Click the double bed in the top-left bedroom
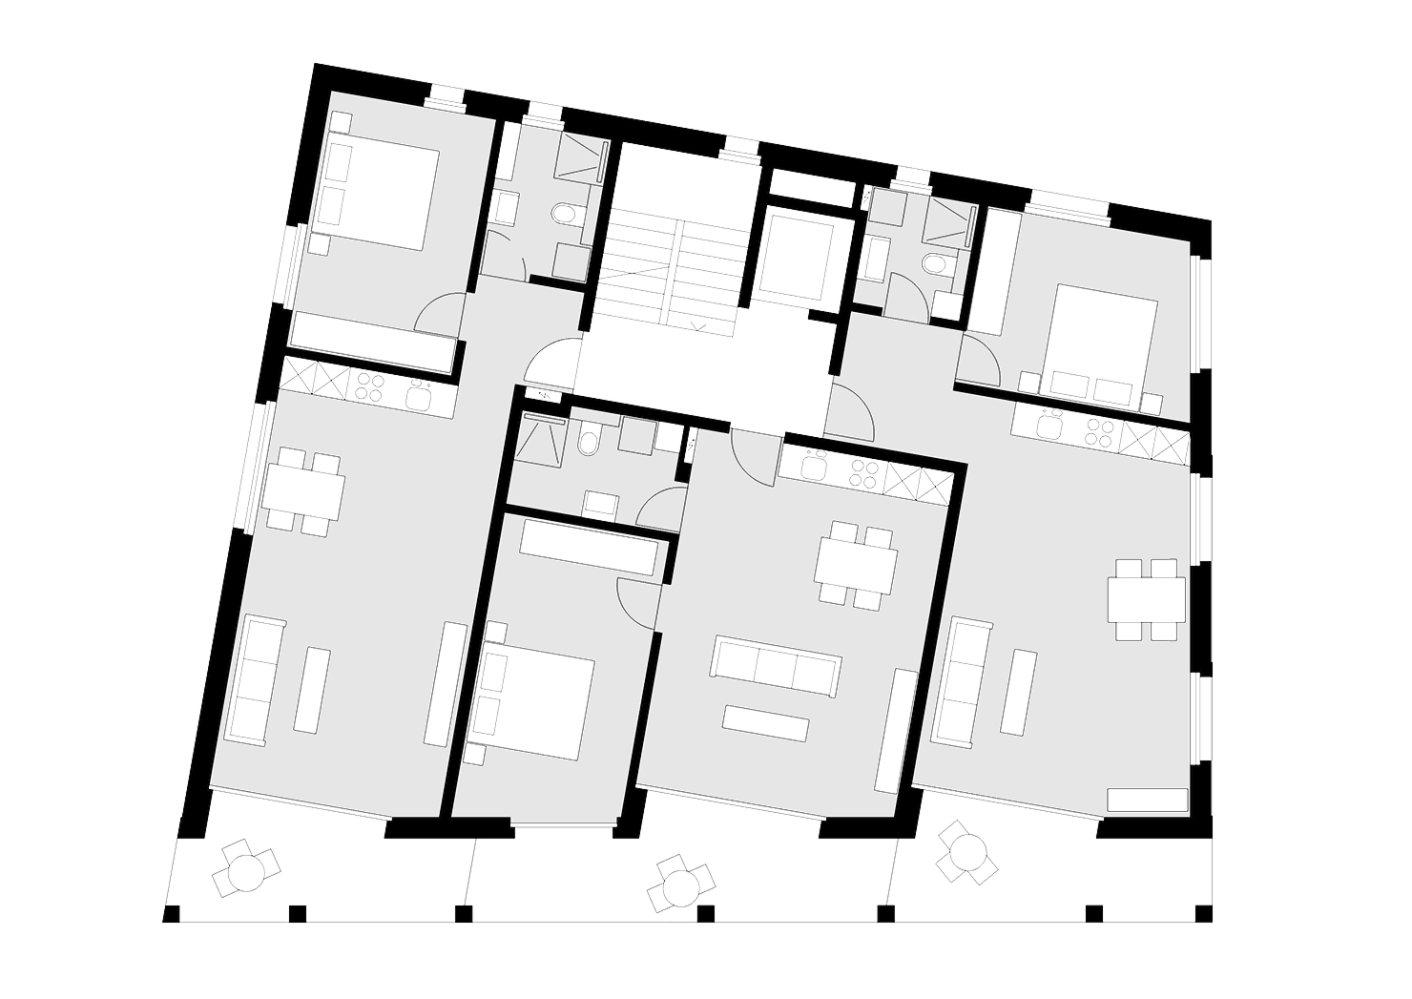point(382,191)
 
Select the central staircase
point(673,267)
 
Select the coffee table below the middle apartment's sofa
point(766,722)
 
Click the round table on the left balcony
point(246,869)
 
